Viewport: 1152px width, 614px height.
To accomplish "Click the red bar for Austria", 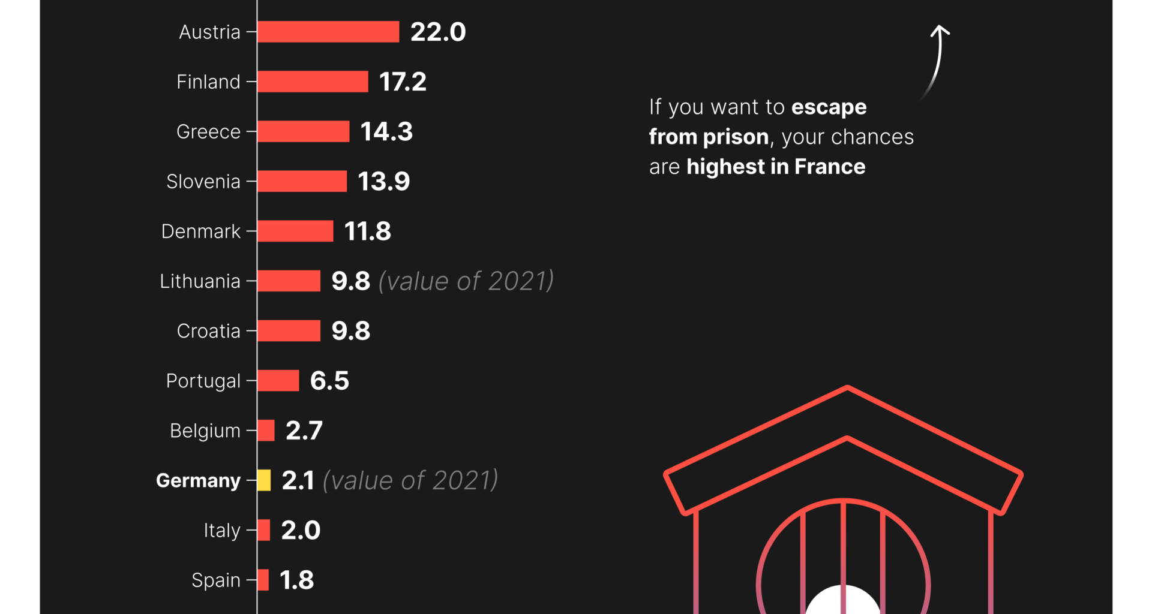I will click(328, 32).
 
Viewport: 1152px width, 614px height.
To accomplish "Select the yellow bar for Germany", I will click(264, 480).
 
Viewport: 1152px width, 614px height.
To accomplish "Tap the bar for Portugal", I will click(278, 381).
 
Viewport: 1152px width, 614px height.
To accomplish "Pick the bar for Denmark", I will click(295, 231).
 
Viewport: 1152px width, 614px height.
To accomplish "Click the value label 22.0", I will click(438, 32).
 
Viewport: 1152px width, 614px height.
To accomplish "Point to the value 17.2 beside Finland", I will click(403, 82).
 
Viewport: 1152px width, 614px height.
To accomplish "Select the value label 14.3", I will click(386, 131).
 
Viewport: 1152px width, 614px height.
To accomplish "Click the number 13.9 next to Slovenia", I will click(384, 181).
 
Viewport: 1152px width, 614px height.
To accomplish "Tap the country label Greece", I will click(208, 131).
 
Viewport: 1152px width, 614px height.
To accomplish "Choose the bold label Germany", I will click(198, 480).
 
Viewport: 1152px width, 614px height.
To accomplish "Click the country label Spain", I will click(216, 580).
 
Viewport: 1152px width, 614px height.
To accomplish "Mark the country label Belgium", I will click(205, 431).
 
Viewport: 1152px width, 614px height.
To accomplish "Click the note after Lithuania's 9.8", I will click(466, 281).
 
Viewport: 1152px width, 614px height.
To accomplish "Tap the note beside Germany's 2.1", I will click(410, 480).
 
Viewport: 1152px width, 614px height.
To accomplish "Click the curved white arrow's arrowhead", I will click(940, 30).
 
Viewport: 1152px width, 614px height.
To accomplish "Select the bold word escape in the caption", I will click(829, 107).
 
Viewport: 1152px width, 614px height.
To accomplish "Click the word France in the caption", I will click(830, 167).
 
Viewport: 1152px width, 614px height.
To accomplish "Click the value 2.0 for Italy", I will click(301, 530).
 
